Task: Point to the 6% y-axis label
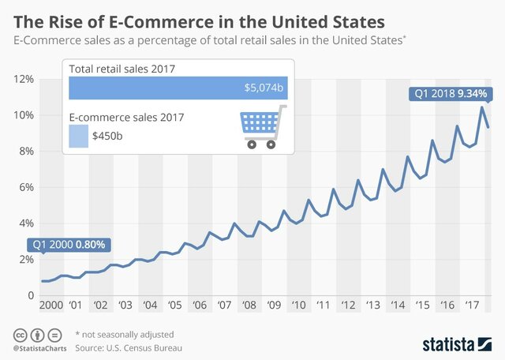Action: tap(23, 187)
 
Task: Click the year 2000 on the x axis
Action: tap(50, 306)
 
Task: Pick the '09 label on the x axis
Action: tap(275, 306)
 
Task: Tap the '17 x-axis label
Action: tap(473, 306)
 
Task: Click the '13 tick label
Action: tap(374, 306)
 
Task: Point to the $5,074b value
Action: tap(264, 88)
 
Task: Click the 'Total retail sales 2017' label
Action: tap(122, 69)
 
